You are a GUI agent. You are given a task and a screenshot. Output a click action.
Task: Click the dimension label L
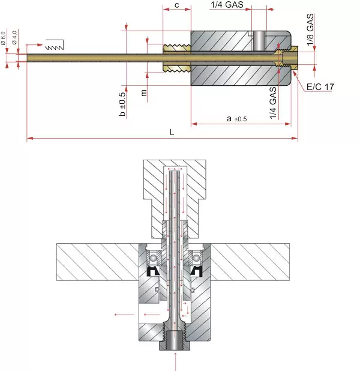172,132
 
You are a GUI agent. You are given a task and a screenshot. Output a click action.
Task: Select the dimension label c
176,5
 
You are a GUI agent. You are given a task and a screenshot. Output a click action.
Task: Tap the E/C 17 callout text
320,87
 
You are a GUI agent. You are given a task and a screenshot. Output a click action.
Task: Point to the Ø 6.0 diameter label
3,38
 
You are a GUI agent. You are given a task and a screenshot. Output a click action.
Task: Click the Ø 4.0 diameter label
14,37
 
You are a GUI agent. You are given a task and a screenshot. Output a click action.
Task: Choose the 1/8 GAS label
310,29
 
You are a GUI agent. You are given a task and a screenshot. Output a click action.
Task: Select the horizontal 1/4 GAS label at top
227,5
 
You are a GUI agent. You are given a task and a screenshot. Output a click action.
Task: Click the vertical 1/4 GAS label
273,103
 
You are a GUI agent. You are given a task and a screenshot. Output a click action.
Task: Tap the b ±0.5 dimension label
122,104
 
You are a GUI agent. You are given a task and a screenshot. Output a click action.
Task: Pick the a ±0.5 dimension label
236,118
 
